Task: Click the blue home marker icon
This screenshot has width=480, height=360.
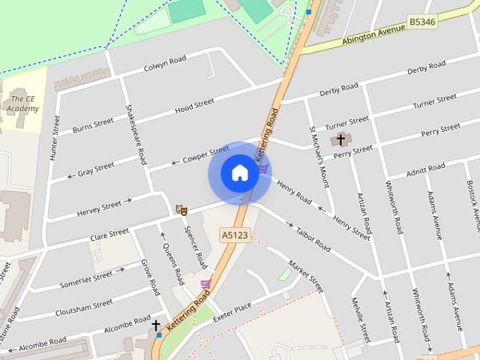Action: [x=239, y=173]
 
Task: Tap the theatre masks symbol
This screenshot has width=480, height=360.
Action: [x=180, y=208]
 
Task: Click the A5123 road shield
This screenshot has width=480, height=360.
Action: [x=235, y=235]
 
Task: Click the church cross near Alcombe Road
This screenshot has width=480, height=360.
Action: [x=156, y=326]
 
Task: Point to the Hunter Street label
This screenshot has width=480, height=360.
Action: [x=55, y=135]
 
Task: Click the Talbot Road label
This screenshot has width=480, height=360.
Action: [x=313, y=239]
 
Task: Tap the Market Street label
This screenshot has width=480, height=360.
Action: [x=306, y=276]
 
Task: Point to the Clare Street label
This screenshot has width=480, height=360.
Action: [x=109, y=235]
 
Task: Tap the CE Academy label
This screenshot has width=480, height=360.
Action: [x=23, y=103]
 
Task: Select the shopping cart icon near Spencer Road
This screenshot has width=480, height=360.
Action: [x=205, y=283]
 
